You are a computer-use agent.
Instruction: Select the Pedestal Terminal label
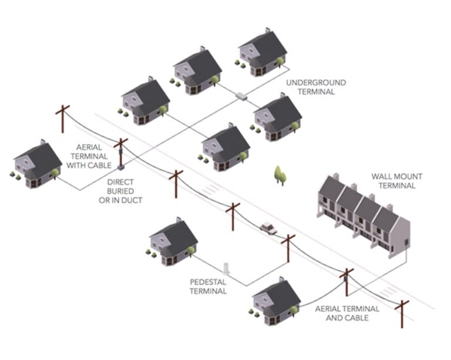[x=209, y=285]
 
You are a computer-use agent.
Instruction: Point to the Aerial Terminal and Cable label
[x=347, y=313]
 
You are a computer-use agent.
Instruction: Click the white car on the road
[x=268, y=227]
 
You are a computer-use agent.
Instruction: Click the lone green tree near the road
[x=280, y=174]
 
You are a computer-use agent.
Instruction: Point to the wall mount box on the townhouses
[x=405, y=242]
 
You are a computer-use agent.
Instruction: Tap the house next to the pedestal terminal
[x=174, y=240]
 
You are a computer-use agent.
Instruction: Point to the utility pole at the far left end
[x=62, y=120]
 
